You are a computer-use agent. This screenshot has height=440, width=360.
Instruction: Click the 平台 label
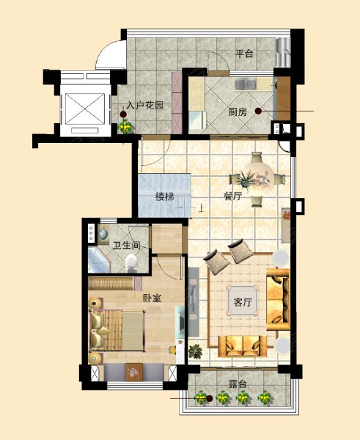244,54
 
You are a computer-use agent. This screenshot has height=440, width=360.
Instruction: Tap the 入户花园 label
144,106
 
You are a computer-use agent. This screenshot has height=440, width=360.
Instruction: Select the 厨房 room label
238,112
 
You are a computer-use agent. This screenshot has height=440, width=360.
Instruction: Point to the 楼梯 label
165,197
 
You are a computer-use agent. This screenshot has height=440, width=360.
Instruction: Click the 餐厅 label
232,196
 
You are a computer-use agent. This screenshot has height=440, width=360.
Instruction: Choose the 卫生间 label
127,246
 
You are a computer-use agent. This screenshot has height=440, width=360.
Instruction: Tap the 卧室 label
152,298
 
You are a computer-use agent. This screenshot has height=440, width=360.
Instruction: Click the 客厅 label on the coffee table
243,302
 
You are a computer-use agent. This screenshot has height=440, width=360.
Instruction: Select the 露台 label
237,384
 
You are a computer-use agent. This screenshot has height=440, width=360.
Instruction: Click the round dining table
257,178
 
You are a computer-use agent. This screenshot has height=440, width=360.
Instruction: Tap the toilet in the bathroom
131,263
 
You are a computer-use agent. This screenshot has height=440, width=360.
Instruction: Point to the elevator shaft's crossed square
85,109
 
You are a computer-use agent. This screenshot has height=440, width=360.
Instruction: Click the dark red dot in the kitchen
258,111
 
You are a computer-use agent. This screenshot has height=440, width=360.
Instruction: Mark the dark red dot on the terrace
209,398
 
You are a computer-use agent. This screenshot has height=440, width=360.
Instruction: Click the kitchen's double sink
245,84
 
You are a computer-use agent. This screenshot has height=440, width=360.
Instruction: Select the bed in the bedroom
117,331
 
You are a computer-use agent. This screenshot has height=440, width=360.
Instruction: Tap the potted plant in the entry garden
125,126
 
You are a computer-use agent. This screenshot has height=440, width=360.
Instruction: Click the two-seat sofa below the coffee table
243,347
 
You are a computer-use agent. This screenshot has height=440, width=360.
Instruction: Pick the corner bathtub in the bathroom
99,260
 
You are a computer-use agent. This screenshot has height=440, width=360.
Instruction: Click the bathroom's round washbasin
103,234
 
